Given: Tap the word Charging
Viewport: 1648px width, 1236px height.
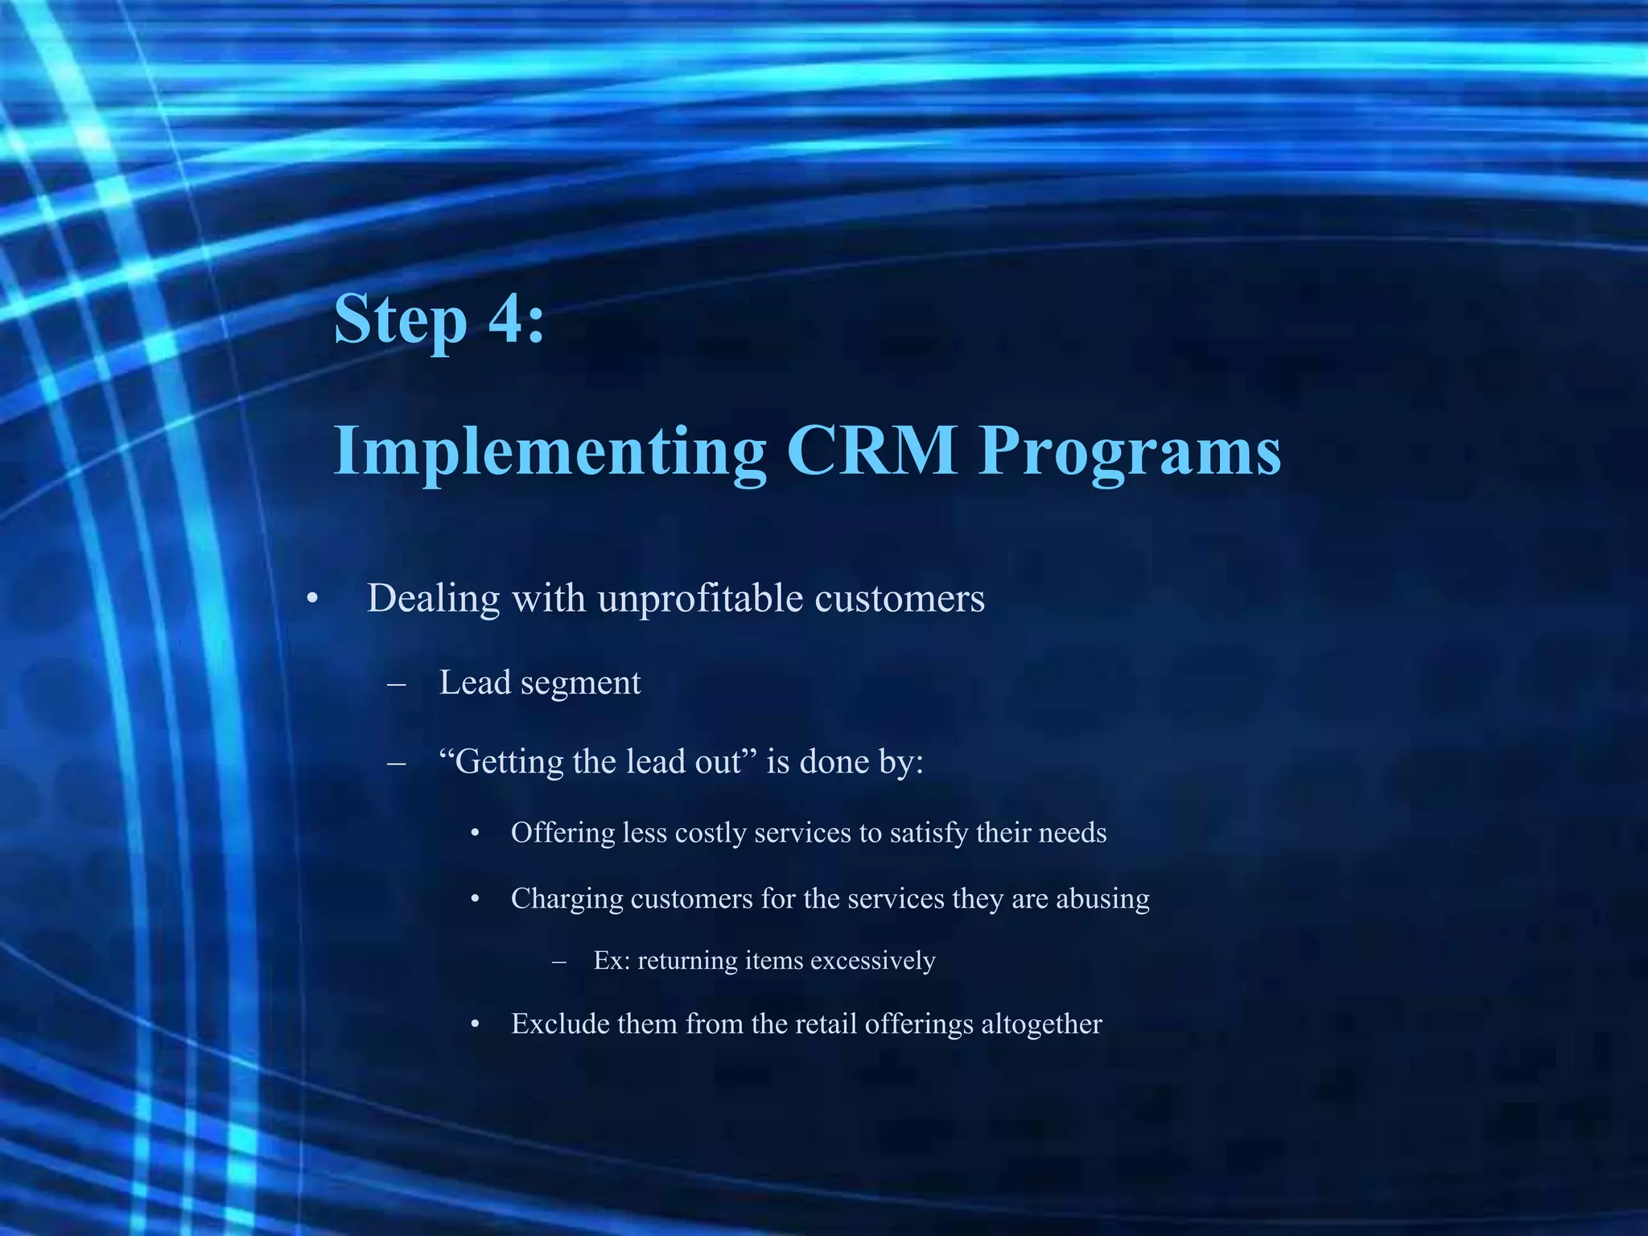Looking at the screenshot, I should (566, 899).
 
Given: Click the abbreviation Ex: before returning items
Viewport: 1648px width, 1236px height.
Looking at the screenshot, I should (612, 961).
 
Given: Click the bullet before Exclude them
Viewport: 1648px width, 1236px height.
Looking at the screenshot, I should (476, 1025).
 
